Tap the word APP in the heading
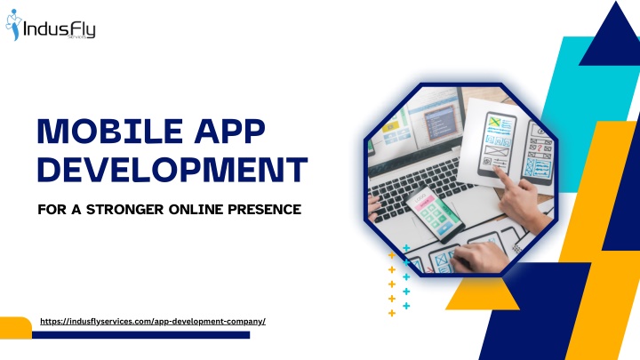point(230,131)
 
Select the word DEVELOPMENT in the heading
point(172,170)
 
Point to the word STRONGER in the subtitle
point(125,210)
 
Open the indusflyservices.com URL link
point(153,322)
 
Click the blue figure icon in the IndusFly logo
point(13,25)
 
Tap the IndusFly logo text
point(60,29)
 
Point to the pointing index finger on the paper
point(504,176)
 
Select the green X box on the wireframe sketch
point(495,122)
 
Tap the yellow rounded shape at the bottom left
point(15,328)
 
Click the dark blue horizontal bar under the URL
point(140,335)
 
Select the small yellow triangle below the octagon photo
point(482,294)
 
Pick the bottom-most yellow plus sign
point(392,313)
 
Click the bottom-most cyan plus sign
point(406,306)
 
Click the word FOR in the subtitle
point(52,210)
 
